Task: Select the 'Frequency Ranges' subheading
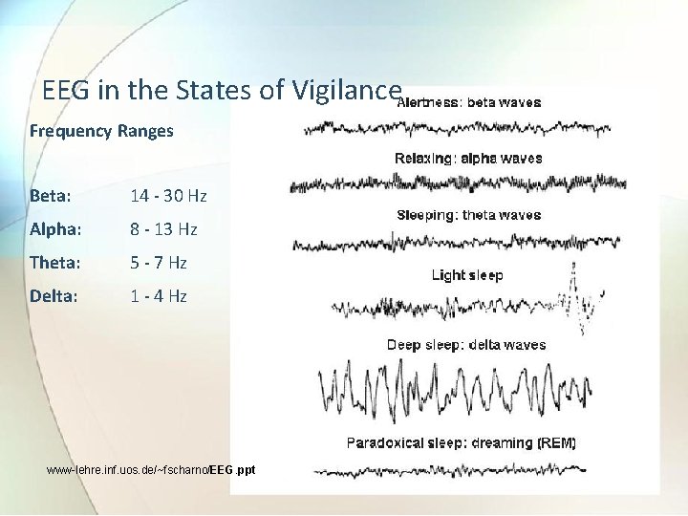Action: pos(101,131)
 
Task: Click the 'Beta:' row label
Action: pos(50,196)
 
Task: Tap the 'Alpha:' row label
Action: pos(54,229)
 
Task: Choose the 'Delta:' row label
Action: pos(54,296)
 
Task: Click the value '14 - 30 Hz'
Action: pos(168,196)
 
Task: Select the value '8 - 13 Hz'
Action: pos(163,229)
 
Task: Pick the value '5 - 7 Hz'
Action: pos(159,263)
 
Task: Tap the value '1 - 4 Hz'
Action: pos(159,296)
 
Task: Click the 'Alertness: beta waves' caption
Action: pos(468,102)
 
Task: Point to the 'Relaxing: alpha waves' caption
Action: pos(468,159)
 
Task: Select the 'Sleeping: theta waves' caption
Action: pos(468,215)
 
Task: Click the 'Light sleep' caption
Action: pos(467,275)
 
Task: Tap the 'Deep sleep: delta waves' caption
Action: pos(466,345)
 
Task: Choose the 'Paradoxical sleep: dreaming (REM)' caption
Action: pos(461,443)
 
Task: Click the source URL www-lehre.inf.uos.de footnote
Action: pos(151,470)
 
